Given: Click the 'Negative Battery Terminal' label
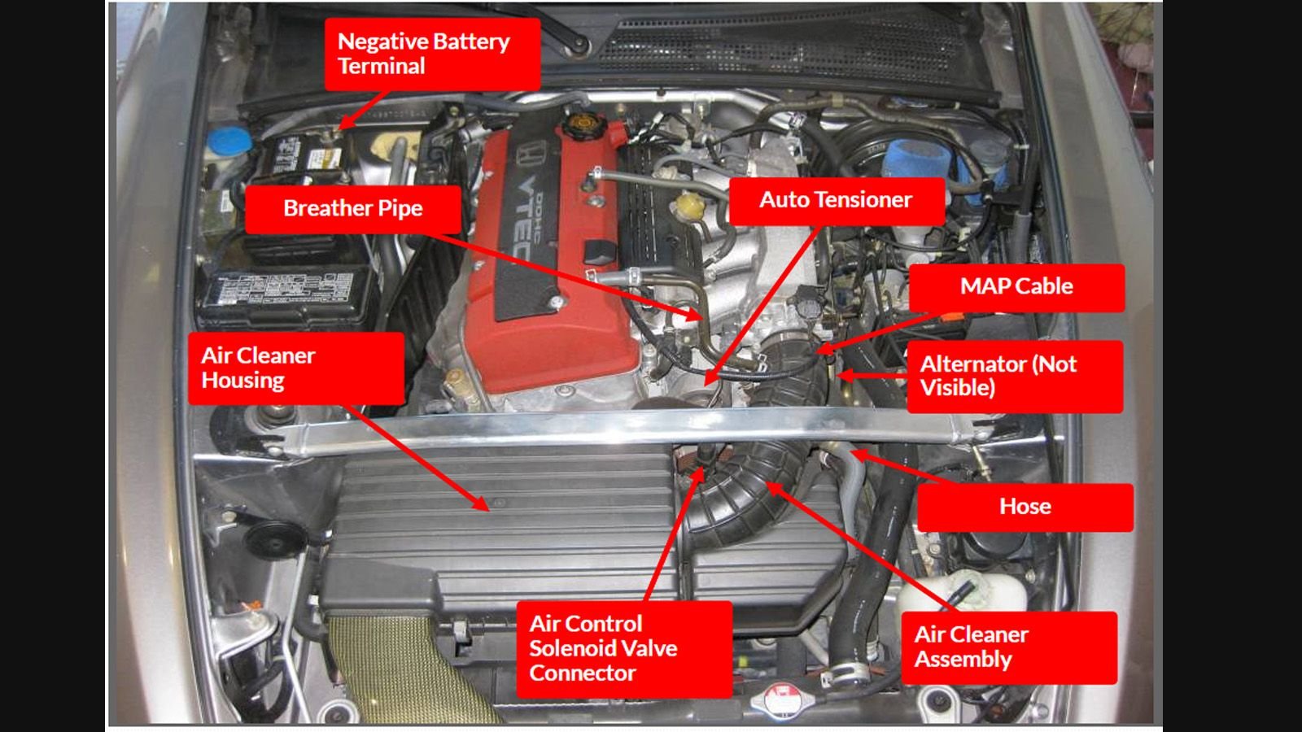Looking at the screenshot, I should coord(432,54).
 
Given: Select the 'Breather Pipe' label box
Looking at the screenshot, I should coord(352,208).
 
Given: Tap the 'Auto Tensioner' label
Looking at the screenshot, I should coord(836,200).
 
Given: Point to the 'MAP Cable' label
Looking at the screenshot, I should coord(1016,286).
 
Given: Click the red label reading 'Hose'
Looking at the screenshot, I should coord(1025,507).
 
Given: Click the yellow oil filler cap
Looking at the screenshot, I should coord(581,124).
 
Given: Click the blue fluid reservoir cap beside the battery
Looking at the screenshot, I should coord(229,139).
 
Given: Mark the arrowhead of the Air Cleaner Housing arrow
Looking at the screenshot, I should coord(485,508).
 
